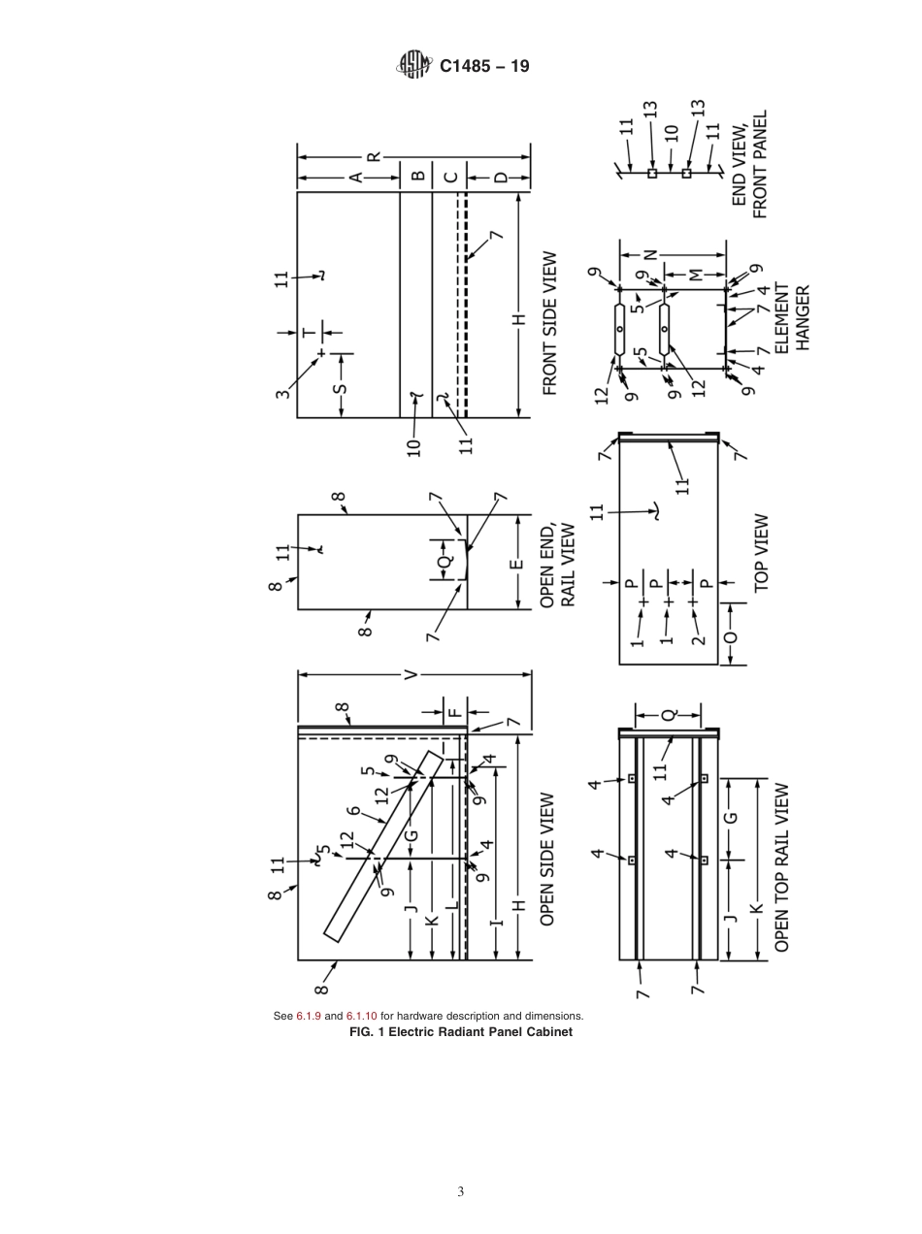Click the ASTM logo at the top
(x=412, y=66)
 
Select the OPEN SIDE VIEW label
(x=547, y=860)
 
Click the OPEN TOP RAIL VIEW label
(x=781, y=867)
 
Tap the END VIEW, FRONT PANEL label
(x=749, y=164)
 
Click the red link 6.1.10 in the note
(x=362, y=1016)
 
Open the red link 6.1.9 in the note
(x=308, y=1016)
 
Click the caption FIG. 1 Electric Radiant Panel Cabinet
(x=460, y=1031)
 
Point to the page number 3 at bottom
(x=461, y=1191)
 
